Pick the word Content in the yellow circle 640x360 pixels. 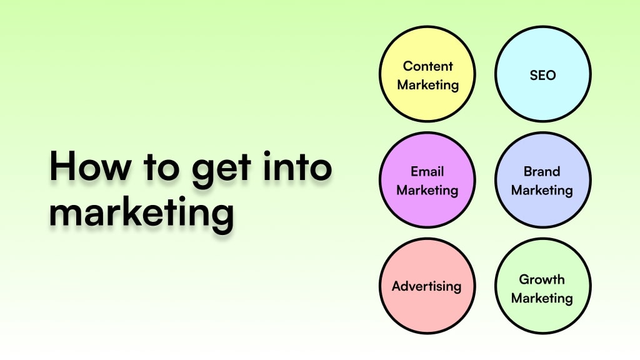(427, 66)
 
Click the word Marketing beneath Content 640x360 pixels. (427, 84)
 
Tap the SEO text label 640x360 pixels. (542, 75)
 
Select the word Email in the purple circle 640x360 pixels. (427, 171)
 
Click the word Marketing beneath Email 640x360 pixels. (427, 189)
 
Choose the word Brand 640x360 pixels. (542, 171)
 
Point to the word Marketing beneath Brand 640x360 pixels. (542, 189)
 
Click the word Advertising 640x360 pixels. (427, 287)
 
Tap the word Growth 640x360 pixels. (542, 279)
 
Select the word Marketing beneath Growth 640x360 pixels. (542, 298)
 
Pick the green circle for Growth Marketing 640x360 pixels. (542, 319)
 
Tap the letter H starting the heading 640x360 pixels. (62, 168)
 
